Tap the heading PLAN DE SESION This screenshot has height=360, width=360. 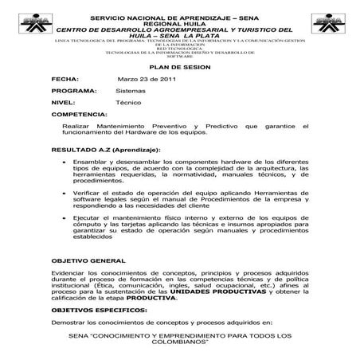[x=179, y=68]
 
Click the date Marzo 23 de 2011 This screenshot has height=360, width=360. [x=147, y=80]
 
